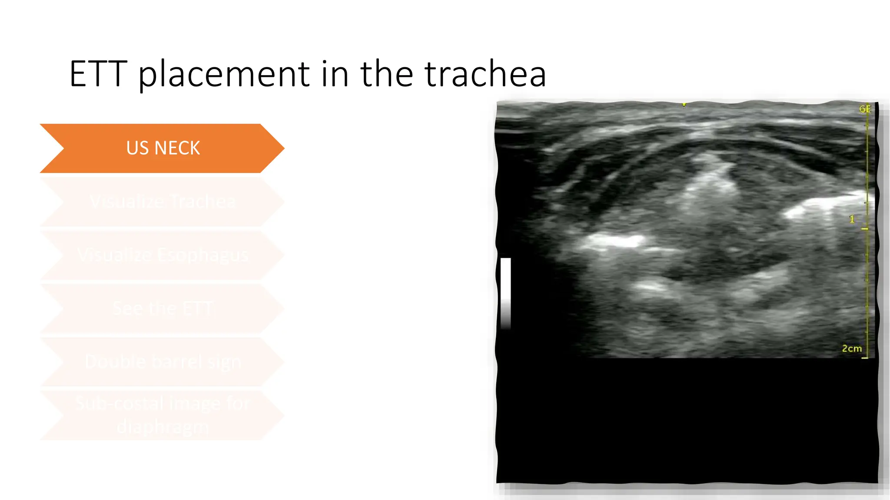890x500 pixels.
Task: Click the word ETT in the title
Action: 98,74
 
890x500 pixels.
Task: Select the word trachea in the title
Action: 485,74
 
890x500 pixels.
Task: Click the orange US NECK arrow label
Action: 163,148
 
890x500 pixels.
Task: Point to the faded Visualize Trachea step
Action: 163,202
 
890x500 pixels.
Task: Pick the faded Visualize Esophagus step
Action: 163,255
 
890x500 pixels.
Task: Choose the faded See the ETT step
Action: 163,309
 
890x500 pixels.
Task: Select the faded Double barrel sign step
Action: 163,362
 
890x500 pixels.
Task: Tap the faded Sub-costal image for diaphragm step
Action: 163,415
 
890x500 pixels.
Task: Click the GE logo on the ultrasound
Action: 865,109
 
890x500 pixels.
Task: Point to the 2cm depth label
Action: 851,349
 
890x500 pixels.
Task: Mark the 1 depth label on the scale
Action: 852,220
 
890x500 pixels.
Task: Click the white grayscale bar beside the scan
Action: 505,293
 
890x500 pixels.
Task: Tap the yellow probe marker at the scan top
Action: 684,105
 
